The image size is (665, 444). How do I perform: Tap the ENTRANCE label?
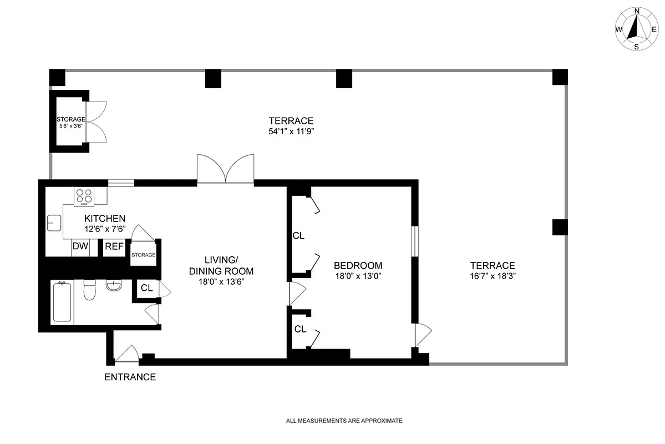[x=130, y=377]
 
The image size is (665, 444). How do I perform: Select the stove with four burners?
[x=84, y=196]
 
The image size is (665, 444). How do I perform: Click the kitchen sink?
[x=54, y=222]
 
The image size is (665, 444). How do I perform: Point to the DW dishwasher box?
[x=80, y=247]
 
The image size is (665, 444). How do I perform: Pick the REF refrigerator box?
[x=114, y=247]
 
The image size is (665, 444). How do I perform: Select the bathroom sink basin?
[x=114, y=286]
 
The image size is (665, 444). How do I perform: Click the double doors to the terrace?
[x=226, y=169]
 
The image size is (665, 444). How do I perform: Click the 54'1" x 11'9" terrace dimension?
[x=291, y=132]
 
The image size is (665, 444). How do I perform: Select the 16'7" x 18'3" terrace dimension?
[x=492, y=276]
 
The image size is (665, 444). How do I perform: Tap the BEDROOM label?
[x=358, y=265]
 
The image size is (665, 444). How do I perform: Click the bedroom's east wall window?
[x=414, y=241]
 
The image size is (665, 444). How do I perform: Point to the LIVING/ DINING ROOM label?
[x=229, y=266]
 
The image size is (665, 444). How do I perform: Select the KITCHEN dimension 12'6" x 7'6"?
[x=104, y=228]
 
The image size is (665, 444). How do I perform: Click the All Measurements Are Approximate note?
[x=344, y=421]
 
